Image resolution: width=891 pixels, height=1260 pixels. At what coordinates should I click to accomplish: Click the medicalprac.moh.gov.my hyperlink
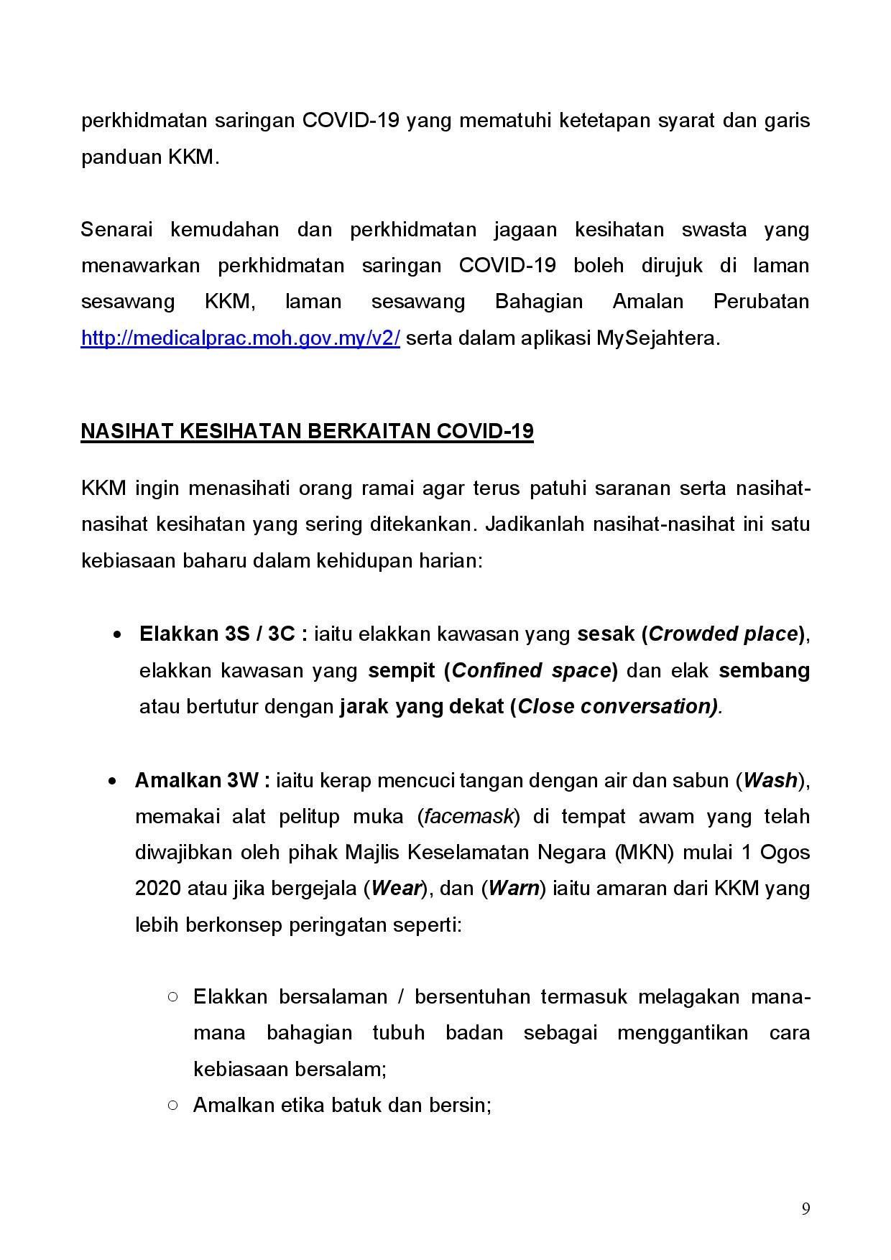coord(240,338)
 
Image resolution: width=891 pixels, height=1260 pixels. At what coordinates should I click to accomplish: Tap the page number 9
coord(805,1209)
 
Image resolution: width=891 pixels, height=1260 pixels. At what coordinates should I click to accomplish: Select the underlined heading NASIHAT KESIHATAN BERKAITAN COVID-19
coord(307,431)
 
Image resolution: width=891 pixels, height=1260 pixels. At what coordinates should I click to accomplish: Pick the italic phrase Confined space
coord(531,670)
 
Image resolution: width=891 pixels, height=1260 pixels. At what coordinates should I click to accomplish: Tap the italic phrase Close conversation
coord(617,707)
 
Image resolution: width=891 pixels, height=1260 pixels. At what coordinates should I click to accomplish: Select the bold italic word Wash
coord(770,780)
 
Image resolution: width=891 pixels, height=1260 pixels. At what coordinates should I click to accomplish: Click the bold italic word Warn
coord(514,889)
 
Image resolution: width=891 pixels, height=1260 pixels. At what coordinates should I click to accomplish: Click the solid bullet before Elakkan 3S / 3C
coord(116,635)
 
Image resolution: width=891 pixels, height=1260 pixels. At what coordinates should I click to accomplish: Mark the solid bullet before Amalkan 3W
coord(112,781)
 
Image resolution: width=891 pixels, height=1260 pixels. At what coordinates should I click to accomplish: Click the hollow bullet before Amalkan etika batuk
coord(172,1105)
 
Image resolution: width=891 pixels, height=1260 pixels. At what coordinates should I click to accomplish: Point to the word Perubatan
coord(761,302)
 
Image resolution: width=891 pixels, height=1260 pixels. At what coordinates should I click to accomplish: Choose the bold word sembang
coord(764,670)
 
